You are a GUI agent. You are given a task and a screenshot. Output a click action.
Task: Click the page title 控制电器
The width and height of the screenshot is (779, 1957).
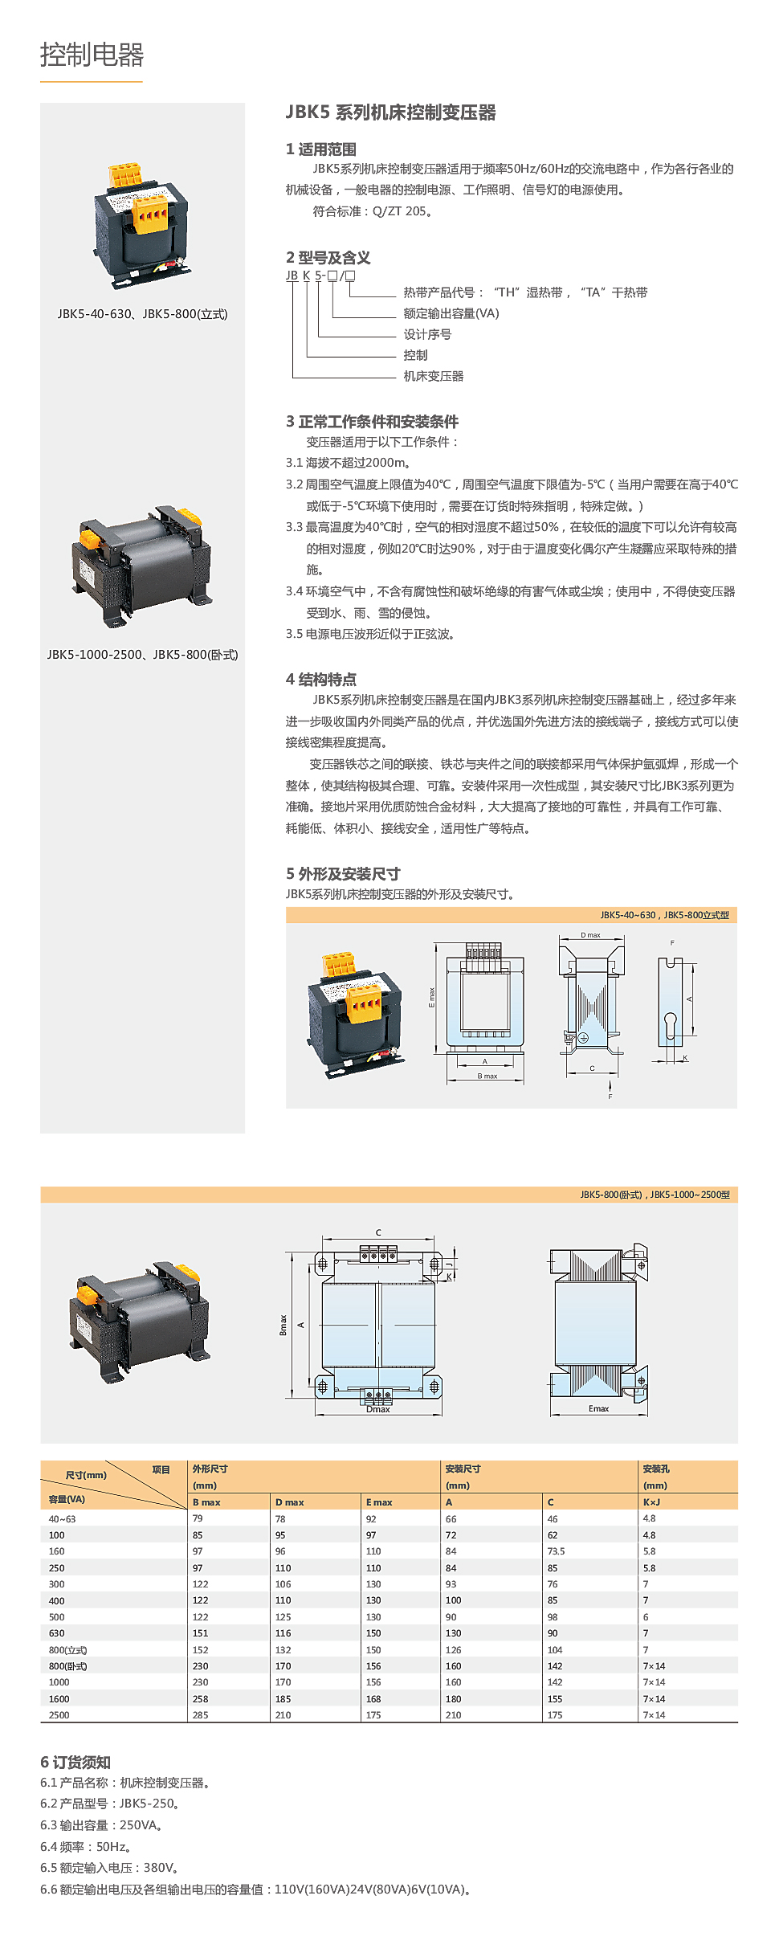tap(92, 55)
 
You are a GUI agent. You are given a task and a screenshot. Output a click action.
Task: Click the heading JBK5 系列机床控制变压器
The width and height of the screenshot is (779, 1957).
tap(390, 112)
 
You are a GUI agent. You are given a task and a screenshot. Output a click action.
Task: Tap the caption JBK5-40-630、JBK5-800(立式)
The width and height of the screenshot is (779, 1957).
tap(142, 314)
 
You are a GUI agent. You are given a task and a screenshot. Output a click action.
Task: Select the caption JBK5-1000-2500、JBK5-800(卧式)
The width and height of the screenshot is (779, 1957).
tap(142, 655)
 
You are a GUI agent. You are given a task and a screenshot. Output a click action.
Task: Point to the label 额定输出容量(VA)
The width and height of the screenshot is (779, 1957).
tap(451, 313)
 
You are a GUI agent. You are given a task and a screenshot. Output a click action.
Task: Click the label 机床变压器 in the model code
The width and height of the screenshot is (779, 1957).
tap(433, 376)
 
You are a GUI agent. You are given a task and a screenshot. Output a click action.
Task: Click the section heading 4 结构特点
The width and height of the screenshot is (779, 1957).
tap(320, 679)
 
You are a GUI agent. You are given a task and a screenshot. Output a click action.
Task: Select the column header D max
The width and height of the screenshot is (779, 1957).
tap(289, 1501)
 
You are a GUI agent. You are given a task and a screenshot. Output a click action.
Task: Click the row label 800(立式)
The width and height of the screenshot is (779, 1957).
tap(67, 1649)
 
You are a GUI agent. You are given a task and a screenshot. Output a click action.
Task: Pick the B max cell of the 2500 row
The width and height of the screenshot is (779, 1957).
tap(200, 1714)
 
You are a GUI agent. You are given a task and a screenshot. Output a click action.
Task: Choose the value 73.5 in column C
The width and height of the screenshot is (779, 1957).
tap(556, 1551)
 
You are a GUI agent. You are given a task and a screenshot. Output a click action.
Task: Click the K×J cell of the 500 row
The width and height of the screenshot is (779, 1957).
tap(646, 1616)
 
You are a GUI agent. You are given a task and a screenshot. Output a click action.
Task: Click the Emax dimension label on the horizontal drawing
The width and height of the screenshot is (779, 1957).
tap(598, 1408)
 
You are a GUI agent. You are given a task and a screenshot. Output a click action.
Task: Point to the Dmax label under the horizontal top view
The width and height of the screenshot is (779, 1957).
tap(377, 1409)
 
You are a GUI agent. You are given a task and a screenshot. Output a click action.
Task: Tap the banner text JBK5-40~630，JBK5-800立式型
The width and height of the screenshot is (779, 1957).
tap(664, 915)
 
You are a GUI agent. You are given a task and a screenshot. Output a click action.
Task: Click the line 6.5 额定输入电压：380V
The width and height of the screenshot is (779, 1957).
tap(109, 1868)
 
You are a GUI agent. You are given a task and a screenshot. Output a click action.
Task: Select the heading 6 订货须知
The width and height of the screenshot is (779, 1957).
tap(75, 1763)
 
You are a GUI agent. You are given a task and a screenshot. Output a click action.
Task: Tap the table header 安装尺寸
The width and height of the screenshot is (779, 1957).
tap(463, 1469)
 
